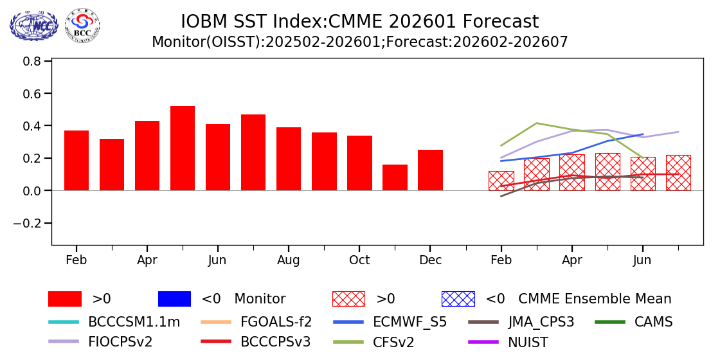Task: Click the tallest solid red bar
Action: [x=183, y=148]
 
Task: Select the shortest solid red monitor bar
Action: [x=395, y=177]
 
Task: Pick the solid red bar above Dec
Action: [x=430, y=170]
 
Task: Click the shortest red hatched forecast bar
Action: [x=501, y=181]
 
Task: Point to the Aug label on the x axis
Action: [x=289, y=260]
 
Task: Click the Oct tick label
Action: [x=359, y=260]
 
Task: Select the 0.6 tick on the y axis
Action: [x=32, y=94]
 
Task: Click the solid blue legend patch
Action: [x=174, y=299]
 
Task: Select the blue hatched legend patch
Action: [x=458, y=299]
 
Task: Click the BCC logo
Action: [x=82, y=26]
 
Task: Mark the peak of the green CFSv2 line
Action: [x=537, y=123]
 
